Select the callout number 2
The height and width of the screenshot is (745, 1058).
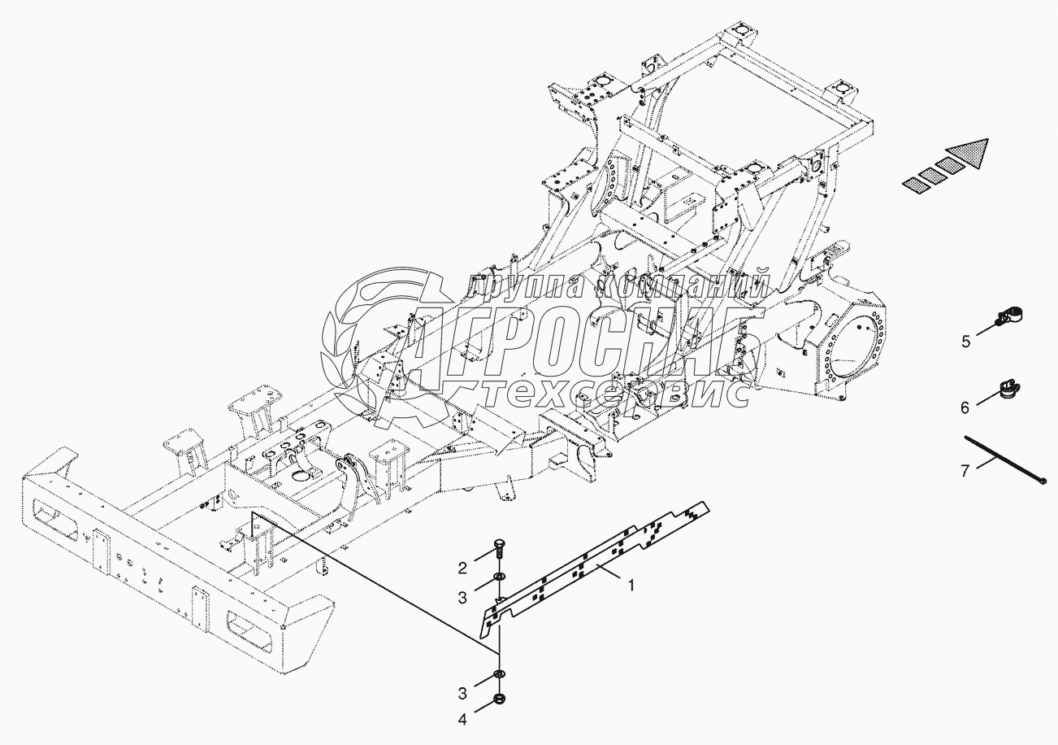[462, 567]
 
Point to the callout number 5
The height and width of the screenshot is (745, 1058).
[965, 342]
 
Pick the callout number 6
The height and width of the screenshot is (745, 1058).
[965, 407]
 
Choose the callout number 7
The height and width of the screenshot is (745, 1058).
[965, 471]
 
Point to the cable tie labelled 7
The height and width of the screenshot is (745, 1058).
[1004, 460]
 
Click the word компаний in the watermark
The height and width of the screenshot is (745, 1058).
[683, 285]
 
